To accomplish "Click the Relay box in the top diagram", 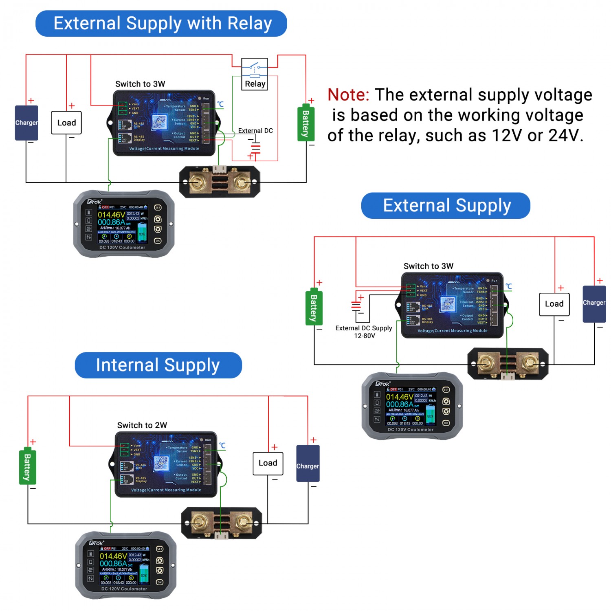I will coord(255,74).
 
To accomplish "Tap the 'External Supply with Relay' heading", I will coord(161,24).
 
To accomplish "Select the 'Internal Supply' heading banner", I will coord(158,365).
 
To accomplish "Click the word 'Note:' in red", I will coord(348,95).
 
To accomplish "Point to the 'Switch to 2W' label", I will coord(142,425).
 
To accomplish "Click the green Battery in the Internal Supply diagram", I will coord(28,467).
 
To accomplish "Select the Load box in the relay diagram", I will coord(66,123).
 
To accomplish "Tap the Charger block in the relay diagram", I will coord(26,123).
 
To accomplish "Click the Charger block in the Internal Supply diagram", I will coord(308,464).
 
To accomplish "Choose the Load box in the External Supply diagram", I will coord(554,304).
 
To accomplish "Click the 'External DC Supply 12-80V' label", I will coord(364,332).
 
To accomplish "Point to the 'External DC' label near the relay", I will coord(255,131).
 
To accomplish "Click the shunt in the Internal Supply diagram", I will coord(222,523).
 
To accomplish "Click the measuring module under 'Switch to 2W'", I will coord(166,464).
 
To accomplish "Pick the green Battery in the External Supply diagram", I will coord(314,308).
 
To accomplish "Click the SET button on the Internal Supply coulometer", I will coord(160,549).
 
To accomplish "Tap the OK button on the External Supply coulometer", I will coord(446,423).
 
